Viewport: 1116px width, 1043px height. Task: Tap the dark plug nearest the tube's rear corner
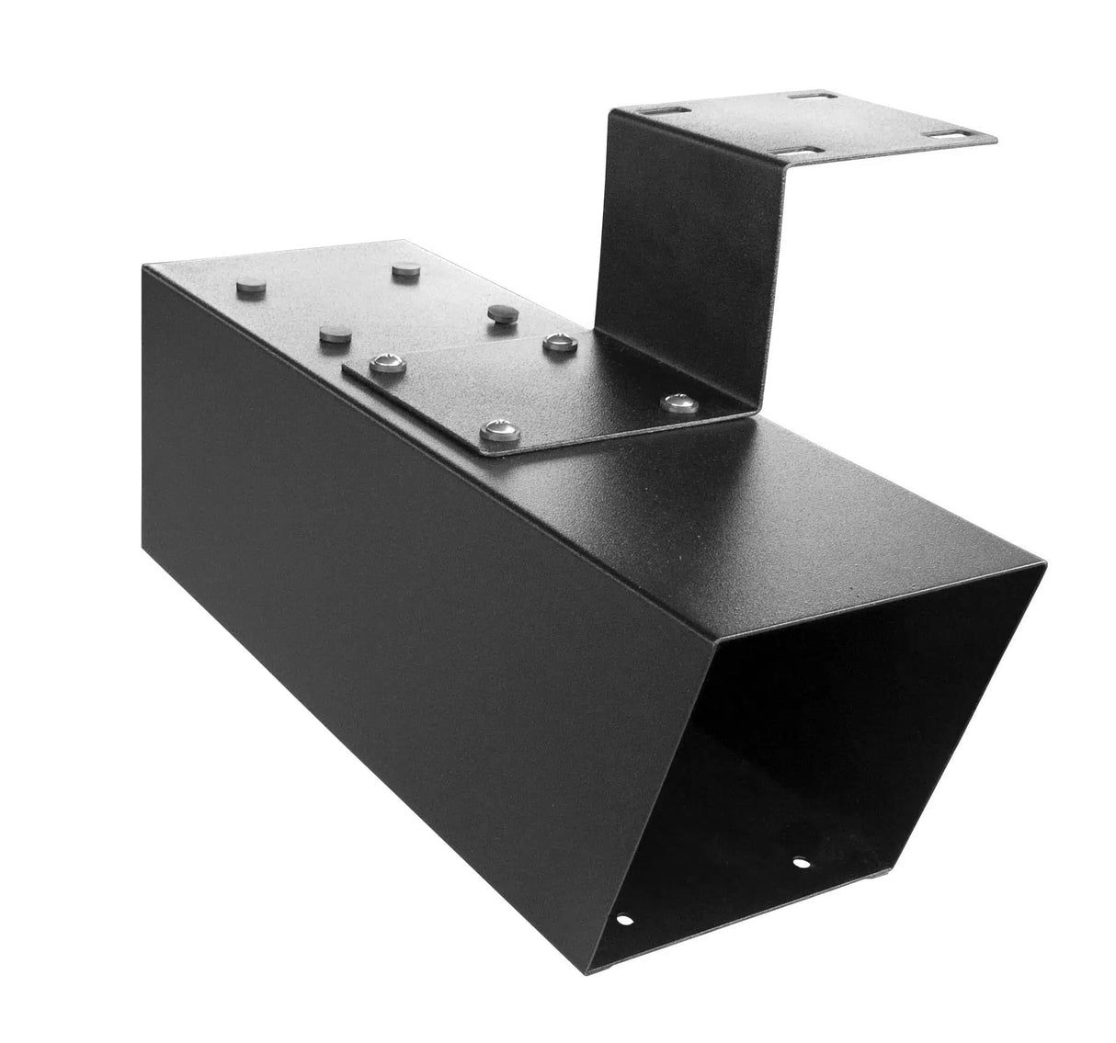pos(251,288)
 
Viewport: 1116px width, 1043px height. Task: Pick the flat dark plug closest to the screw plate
pos(336,334)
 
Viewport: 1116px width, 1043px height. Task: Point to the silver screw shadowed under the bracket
pos(678,401)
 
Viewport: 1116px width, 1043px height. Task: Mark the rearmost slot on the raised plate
pos(816,96)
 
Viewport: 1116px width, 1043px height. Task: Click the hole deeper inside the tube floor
pos(801,862)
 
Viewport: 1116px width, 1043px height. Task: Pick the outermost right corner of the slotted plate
pos(995,141)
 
